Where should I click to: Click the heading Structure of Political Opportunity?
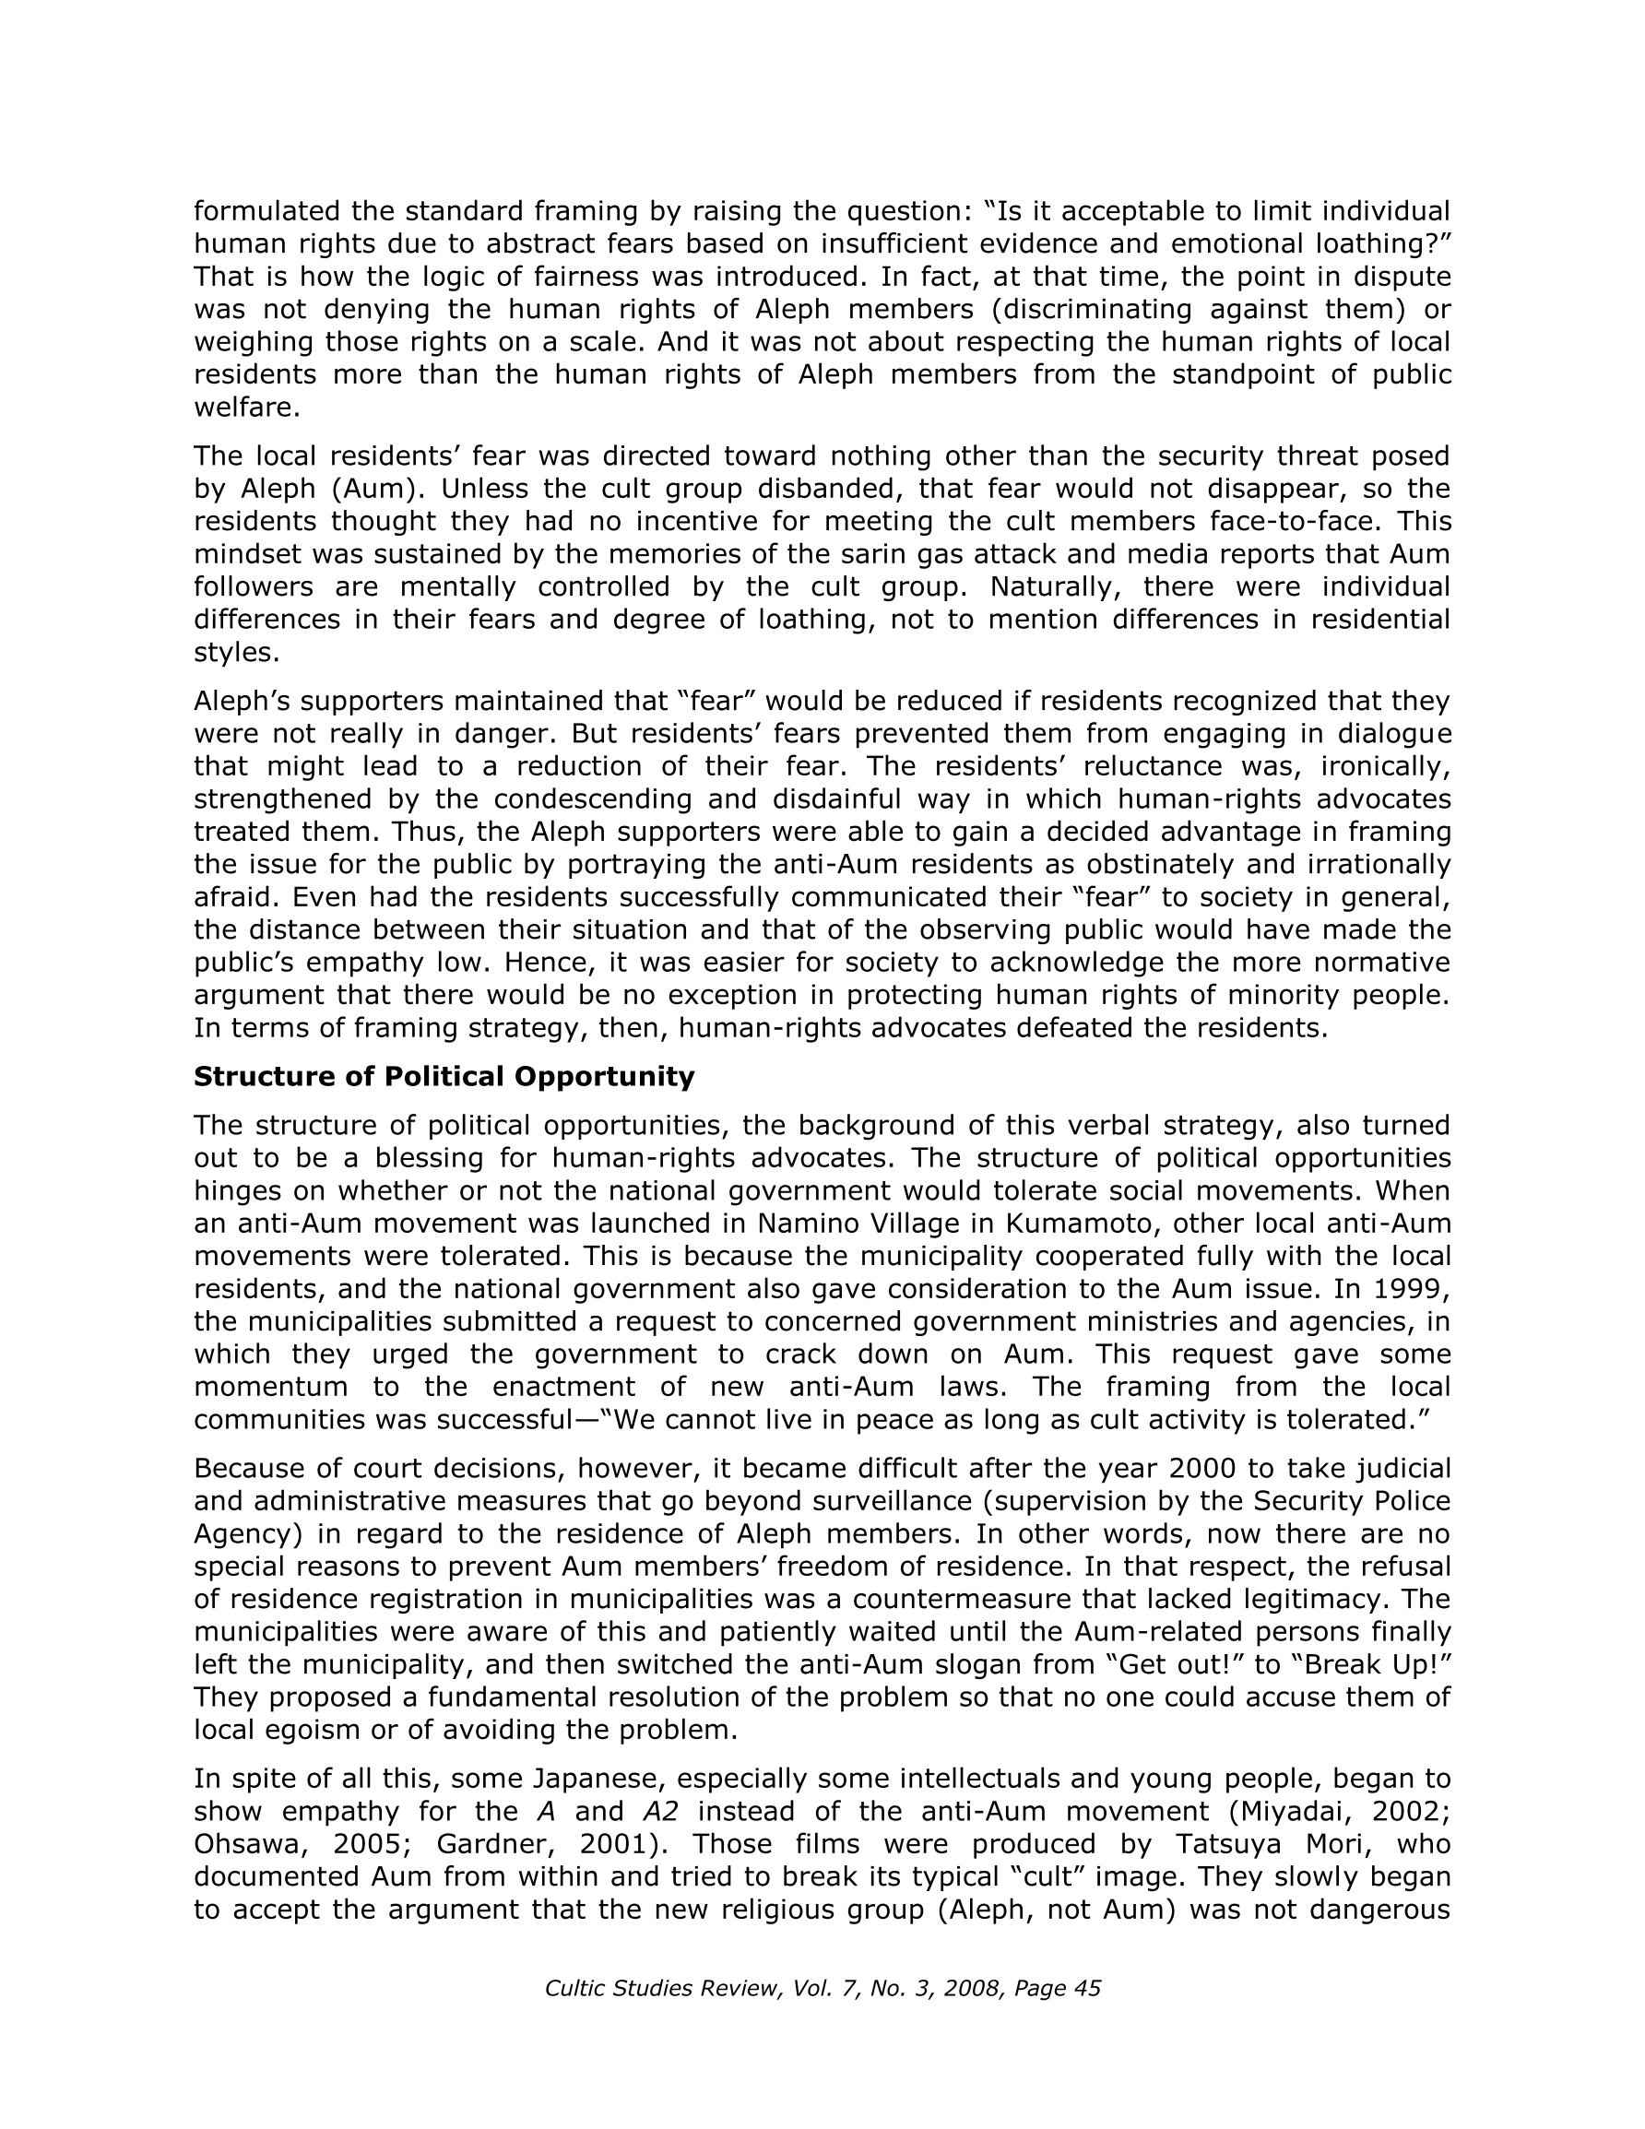[x=444, y=1077]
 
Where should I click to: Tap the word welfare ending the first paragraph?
[x=243, y=408]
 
